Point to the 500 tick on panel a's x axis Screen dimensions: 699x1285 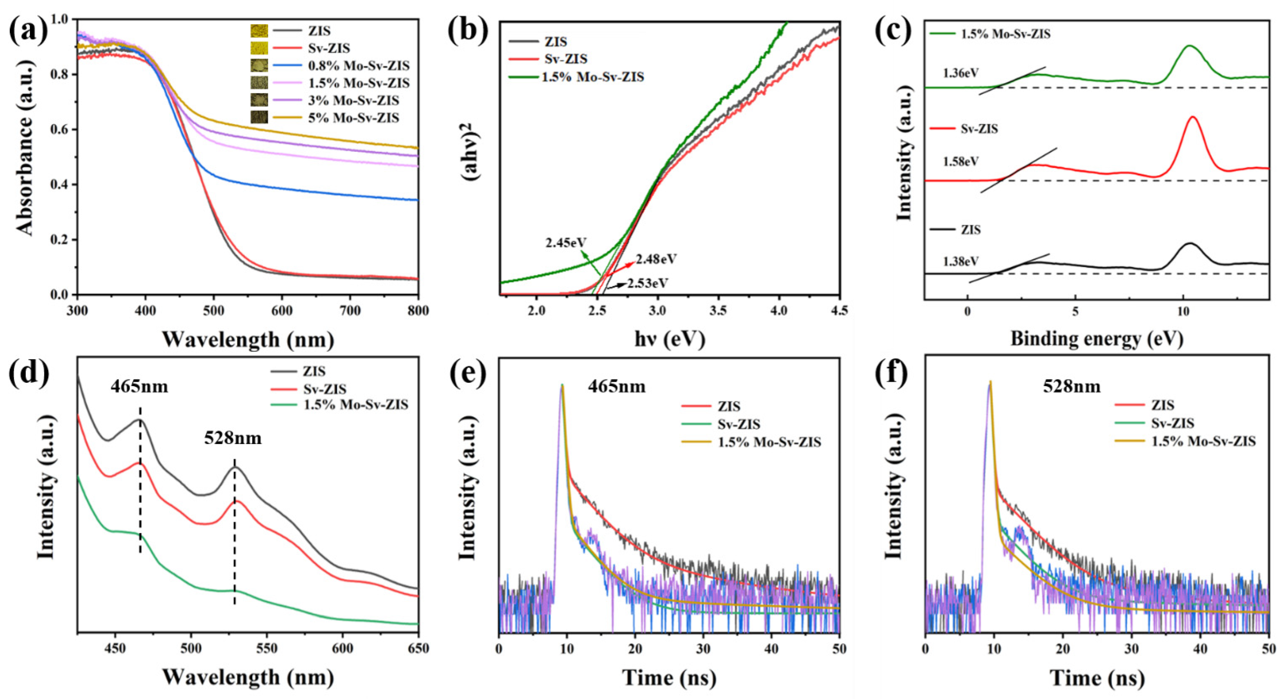[x=214, y=310]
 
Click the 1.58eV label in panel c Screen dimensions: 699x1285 [x=960, y=162]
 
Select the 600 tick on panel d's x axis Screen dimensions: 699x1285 [x=342, y=649]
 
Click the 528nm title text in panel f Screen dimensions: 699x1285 [x=1071, y=386]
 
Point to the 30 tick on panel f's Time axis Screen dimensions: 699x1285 [x=1131, y=649]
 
